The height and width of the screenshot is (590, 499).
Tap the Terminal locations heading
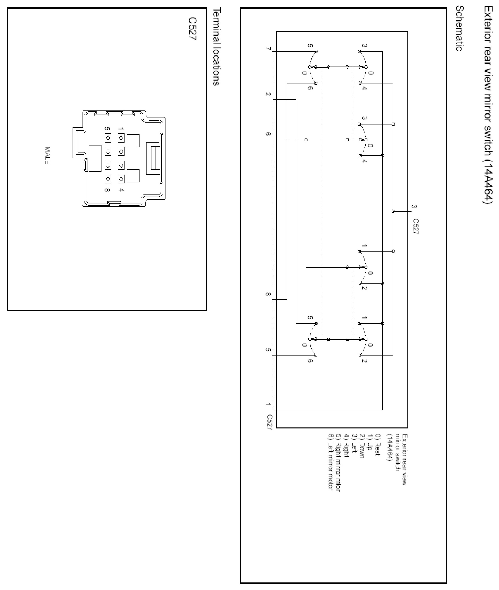pos(216,47)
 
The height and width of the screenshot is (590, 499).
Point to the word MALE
pos(47,155)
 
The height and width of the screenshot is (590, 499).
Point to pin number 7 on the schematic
pos(268,49)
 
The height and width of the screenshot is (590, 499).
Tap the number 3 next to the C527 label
pos(414,207)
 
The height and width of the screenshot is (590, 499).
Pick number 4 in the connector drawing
pos(121,190)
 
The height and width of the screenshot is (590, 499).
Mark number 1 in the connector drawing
pos(121,129)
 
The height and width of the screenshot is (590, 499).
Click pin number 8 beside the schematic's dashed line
pos(268,294)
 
